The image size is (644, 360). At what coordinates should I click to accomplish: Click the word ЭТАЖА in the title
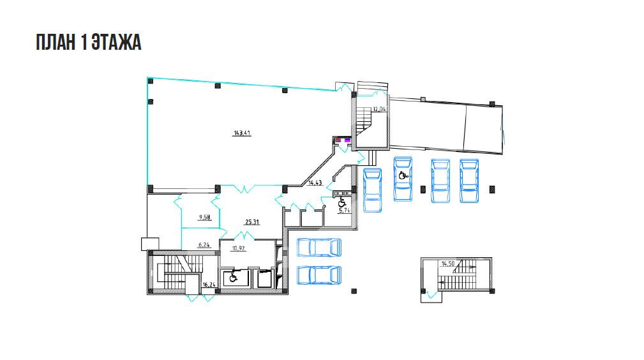pos(116,43)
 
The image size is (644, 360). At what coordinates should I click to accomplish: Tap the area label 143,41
pos(242,133)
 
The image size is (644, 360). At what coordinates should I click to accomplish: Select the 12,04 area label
pos(379,109)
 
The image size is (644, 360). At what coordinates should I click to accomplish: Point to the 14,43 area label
pos(315,183)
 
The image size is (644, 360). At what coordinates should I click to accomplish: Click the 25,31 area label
pos(252,222)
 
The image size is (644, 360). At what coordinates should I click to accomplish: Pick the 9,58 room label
pos(204,218)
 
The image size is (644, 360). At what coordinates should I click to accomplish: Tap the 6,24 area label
pos(204,245)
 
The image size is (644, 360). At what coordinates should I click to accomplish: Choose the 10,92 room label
pos(239,248)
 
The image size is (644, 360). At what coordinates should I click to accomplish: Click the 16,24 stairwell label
pos(209,285)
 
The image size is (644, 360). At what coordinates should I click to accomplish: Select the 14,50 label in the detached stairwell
pos(447,264)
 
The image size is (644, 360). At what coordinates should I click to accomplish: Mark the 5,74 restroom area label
pos(344,211)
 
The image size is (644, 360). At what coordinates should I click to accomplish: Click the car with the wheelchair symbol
pos(403,179)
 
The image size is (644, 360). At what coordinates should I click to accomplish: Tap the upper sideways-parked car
pos(319,248)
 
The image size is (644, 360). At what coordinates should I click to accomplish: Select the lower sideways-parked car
pos(319,275)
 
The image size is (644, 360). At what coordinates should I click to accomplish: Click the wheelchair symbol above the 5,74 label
pos(341,202)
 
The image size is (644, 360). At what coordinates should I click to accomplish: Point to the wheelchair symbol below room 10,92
pos(233,278)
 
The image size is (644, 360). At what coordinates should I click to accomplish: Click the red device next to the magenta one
pos(338,140)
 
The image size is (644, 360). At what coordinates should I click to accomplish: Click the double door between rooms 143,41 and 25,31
pos(245,190)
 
